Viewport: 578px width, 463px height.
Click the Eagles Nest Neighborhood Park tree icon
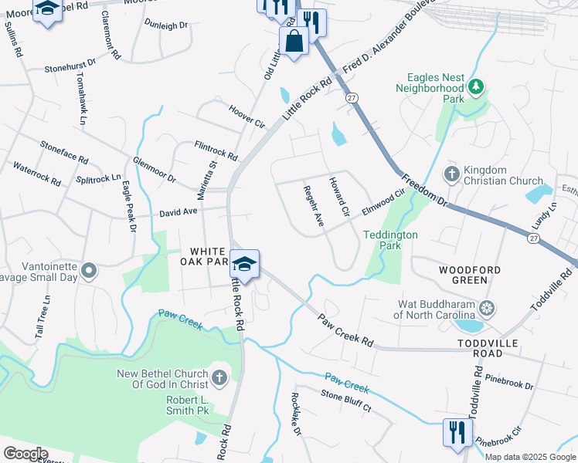tap(477, 86)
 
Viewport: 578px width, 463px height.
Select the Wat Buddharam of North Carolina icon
tap(487, 309)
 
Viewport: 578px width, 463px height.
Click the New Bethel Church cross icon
tap(219, 377)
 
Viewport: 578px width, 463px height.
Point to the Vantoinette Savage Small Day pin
tap(90, 271)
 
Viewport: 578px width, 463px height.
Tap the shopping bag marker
tap(294, 41)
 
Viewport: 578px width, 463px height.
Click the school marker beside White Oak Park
tap(244, 264)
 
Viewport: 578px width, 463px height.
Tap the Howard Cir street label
tap(340, 196)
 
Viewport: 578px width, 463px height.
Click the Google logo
tap(25, 454)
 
